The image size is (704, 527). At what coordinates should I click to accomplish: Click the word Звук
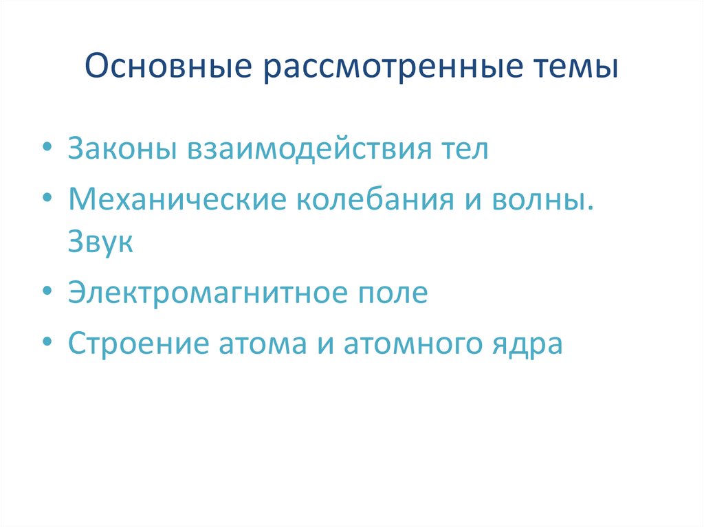click(100, 242)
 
